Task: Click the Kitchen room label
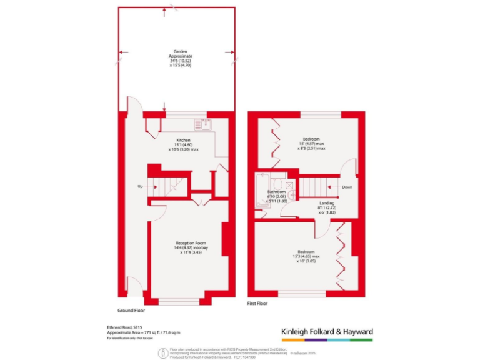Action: [182, 140]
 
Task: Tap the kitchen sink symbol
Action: [204, 124]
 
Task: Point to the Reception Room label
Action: [191, 242]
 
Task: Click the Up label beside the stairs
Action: [140, 186]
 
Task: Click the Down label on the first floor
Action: [347, 186]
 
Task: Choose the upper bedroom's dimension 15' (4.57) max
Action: [312, 143]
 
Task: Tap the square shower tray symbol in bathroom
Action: [290, 184]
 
